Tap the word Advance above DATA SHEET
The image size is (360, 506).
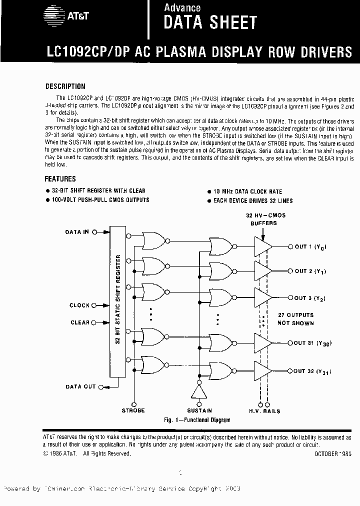click(x=182, y=7)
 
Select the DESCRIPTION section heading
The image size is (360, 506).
click(x=65, y=86)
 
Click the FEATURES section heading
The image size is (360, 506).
click(x=60, y=178)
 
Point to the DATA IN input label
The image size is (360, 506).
click(x=77, y=232)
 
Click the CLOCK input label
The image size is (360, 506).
click(x=79, y=305)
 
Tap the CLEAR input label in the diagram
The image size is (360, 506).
click(x=80, y=322)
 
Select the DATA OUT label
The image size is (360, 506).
click(x=80, y=386)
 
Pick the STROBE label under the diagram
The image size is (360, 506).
click(x=133, y=410)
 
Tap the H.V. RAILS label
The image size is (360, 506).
click(x=264, y=411)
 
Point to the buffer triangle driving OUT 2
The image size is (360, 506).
click(x=263, y=271)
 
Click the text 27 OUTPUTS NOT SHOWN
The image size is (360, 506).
click(x=296, y=319)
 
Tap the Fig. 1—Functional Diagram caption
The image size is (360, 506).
click(x=197, y=420)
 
